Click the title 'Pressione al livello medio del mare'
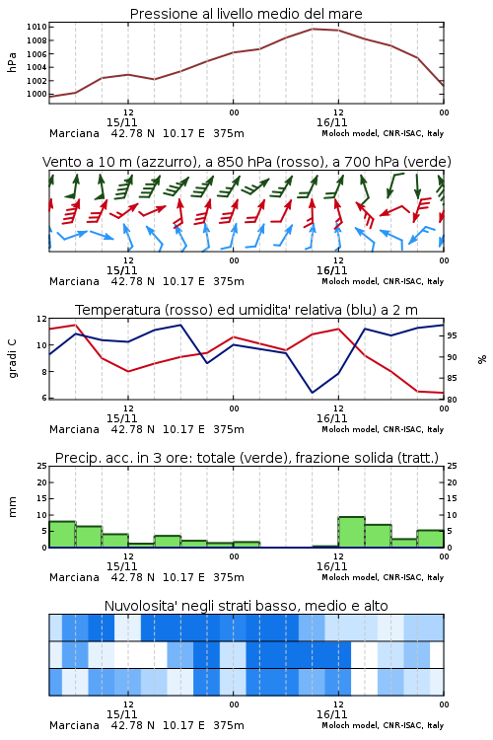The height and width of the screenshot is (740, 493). coord(246,14)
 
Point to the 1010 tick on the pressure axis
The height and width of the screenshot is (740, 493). coord(36,27)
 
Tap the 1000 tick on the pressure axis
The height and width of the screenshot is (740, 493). coord(36,94)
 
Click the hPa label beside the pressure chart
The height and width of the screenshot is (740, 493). coord(12,62)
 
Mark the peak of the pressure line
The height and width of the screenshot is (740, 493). coord(313,29)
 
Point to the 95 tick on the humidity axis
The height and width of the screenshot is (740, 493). coord(452,335)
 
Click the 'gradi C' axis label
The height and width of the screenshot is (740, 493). coord(12,358)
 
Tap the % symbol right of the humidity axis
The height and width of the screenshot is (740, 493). coord(482,359)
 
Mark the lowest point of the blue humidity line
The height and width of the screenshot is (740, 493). coord(313,392)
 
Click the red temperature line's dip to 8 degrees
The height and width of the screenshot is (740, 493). coord(128,371)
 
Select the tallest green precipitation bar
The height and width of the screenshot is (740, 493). coord(351,533)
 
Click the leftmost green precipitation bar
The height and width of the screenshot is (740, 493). coord(62,534)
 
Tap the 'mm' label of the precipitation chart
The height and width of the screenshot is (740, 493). coord(12,507)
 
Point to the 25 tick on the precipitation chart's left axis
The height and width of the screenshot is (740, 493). coord(42,466)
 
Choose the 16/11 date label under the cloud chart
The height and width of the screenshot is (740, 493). coord(331,714)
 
